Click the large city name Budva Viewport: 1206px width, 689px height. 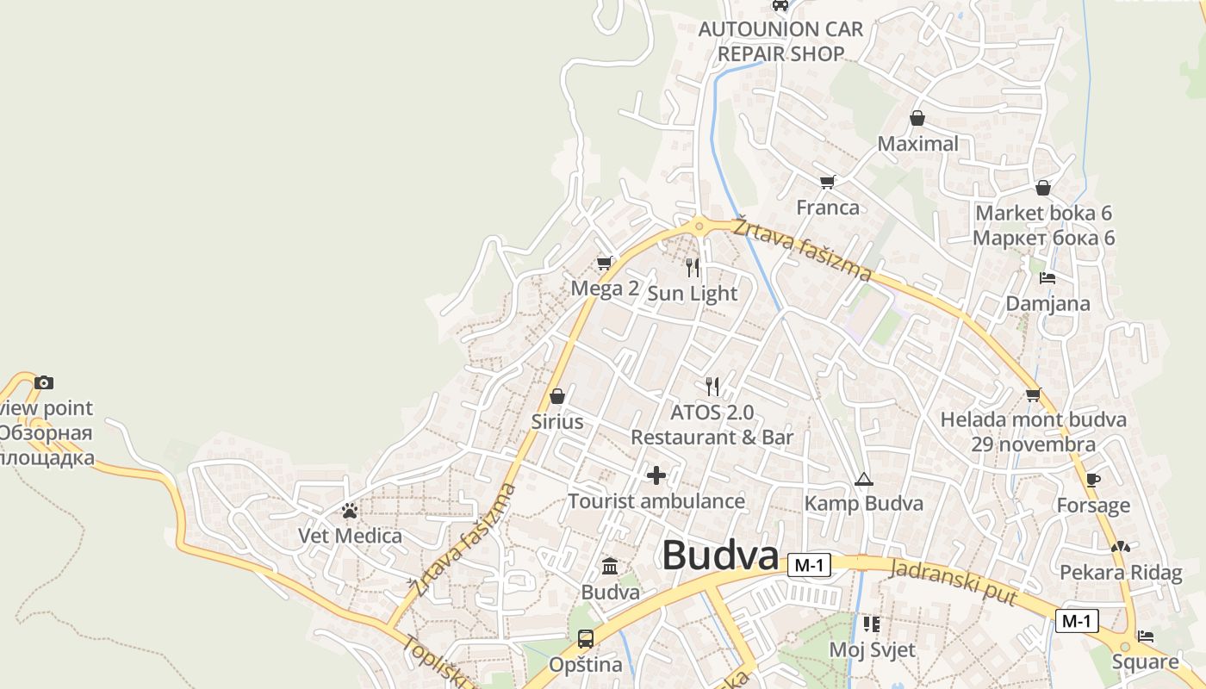tap(720, 556)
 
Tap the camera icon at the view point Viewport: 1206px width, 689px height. tap(44, 382)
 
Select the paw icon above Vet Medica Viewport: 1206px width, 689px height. tap(349, 511)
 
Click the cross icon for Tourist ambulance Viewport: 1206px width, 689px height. tap(656, 475)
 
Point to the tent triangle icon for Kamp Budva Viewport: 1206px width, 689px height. tap(863, 479)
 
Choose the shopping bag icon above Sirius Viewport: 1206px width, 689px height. tap(557, 396)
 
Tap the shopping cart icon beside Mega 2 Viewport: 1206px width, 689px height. tap(605, 263)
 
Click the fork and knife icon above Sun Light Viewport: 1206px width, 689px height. tap(693, 268)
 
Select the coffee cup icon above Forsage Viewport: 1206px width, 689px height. tap(1093, 480)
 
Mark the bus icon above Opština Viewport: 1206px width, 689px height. tap(586, 639)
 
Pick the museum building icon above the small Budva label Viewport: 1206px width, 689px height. tap(610, 566)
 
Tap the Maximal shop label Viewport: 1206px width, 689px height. tap(917, 144)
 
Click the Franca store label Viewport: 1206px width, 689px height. tap(828, 208)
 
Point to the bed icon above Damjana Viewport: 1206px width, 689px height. tap(1047, 277)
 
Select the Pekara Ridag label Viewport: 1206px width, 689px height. tap(1121, 573)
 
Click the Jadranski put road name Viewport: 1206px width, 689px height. tap(954, 582)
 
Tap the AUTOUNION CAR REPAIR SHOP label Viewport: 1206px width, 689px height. tap(780, 41)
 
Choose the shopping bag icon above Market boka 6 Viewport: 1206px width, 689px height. tap(1043, 188)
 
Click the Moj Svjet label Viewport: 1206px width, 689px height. tap(872, 649)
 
